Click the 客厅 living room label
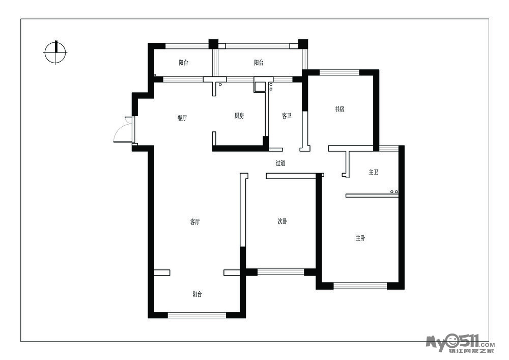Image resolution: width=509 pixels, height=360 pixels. tap(195, 222)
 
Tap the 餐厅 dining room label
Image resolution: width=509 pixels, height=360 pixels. tap(182, 118)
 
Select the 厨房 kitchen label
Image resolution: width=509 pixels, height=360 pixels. tap(239, 116)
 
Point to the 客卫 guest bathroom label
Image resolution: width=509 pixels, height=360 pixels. tap(287, 116)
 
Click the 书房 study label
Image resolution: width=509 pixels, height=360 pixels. tap(340, 109)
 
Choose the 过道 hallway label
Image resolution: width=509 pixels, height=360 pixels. tap(280, 163)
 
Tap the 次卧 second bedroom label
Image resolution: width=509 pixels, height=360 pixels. tap(282, 221)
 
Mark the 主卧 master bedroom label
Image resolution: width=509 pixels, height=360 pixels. tap(360, 238)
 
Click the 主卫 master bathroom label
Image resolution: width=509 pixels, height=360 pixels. tap(374, 172)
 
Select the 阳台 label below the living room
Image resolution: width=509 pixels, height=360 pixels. tap(197, 294)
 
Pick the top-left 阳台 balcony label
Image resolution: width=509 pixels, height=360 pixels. tap(183, 63)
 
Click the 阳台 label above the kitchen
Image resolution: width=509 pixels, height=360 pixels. tap(259, 62)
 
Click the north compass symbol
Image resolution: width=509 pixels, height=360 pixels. tap(55, 52)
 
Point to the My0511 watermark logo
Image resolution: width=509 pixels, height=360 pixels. tap(460, 344)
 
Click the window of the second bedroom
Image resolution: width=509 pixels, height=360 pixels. tap(281, 272)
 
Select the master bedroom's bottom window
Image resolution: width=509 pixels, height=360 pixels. tap(360, 286)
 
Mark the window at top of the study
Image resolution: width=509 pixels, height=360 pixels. tap(339, 72)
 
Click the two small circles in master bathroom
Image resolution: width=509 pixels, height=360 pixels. tap(394, 192)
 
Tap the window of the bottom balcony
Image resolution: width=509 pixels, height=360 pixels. tap(196, 315)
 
